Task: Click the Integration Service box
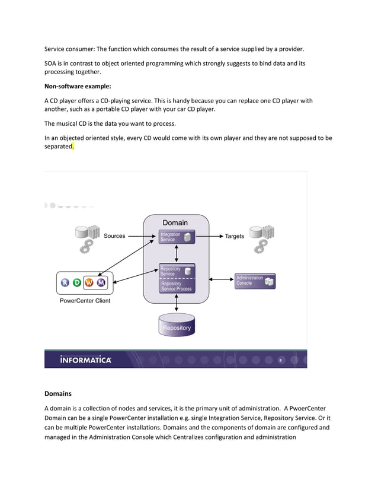pos(177,237)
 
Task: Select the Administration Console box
pos(255,281)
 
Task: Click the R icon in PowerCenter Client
pos(65,282)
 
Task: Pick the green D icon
pos(77,282)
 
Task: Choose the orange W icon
pos(89,282)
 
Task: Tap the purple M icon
pos(101,282)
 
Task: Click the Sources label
pos(114,236)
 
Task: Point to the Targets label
pos(234,236)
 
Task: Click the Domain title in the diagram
pos(175,223)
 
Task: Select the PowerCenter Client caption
pos(85,301)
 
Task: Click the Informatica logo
pos(85,359)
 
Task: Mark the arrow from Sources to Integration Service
pos(141,236)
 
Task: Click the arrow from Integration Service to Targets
pos(208,236)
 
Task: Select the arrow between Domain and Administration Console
pos(222,279)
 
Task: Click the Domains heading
pos(58,393)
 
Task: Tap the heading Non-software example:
pos(78,87)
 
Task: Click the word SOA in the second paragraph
pos(51,63)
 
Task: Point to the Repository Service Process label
pos(176,286)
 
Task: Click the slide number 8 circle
pos(280,359)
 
